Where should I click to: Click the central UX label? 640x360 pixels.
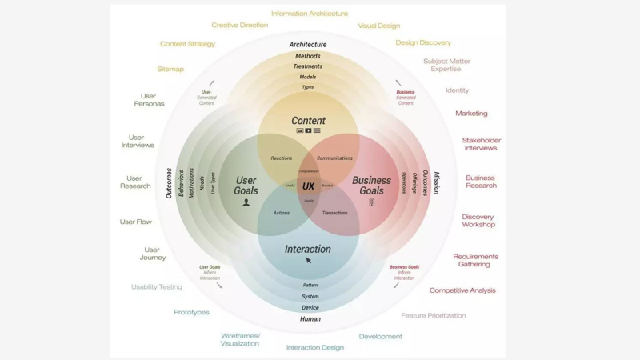click(x=308, y=186)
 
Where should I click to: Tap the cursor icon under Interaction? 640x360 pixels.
click(x=309, y=260)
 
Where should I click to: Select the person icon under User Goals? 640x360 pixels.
click(x=246, y=202)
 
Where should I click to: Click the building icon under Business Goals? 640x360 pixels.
click(x=371, y=202)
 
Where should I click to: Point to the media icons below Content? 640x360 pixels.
click(x=308, y=130)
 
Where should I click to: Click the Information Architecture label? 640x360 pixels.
click(x=310, y=14)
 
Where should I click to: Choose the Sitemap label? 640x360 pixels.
click(x=170, y=69)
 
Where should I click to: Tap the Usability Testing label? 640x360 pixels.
click(x=157, y=286)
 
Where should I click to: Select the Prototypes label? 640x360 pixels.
click(x=192, y=312)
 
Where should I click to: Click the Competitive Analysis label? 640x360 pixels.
click(x=462, y=290)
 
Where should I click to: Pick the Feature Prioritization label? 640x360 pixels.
click(x=434, y=315)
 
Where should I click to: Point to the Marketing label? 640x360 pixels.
click(x=471, y=114)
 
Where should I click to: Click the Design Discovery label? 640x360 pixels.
click(x=423, y=42)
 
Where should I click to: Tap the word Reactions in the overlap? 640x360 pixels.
click(x=282, y=158)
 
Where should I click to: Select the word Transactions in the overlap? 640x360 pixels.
click(x=334, y=213)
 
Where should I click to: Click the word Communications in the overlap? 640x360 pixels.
click(x=334, y=158)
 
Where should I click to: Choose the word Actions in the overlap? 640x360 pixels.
click(x=282, y=213)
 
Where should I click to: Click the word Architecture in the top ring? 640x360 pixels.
click(x=308, y=45)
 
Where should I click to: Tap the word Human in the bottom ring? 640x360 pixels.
click(x=310, y=318)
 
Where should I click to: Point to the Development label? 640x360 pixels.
click(x=381, y=336)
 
